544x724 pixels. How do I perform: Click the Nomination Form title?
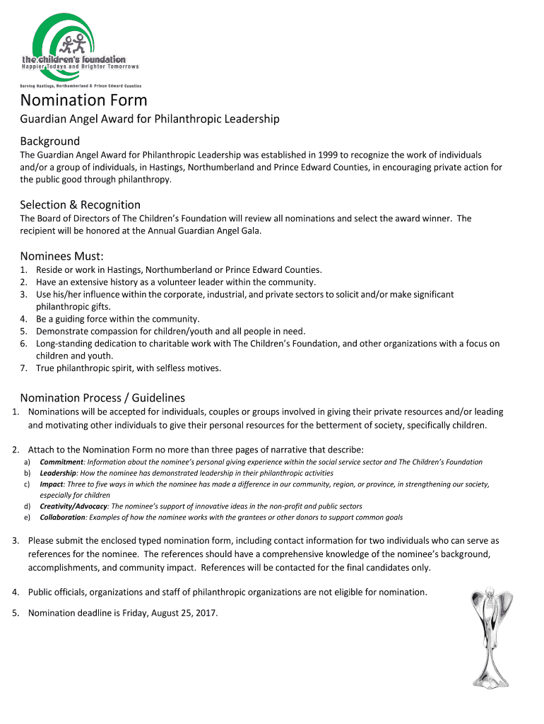pos(83,101)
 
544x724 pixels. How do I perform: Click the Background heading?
pos(49,141)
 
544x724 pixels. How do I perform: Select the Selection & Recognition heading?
pos(80,204)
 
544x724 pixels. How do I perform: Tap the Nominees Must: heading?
pos(62,255)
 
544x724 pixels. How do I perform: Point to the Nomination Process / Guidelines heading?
pos(102,398)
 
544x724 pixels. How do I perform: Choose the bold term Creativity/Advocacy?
pos(73,506)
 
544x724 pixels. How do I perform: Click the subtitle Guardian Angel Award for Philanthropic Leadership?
pos(149,119)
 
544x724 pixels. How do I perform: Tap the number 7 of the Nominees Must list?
pos(23,368)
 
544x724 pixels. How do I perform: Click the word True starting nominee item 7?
pos(46,368)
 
